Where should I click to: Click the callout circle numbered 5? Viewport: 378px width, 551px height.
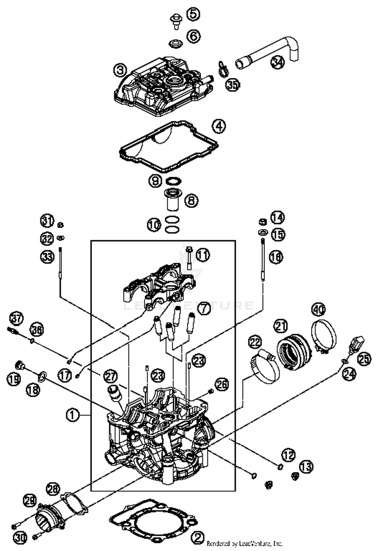[193, 14]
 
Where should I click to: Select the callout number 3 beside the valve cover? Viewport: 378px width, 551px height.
[120, 70]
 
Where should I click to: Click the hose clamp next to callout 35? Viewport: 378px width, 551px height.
[223, 69]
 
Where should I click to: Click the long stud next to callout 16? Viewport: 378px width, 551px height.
[263, 259]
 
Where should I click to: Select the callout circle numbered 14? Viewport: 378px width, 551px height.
[277, 218]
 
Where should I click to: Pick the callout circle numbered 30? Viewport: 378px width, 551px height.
[20, 538]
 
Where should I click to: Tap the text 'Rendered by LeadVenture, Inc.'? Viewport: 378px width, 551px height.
[244, 543]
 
